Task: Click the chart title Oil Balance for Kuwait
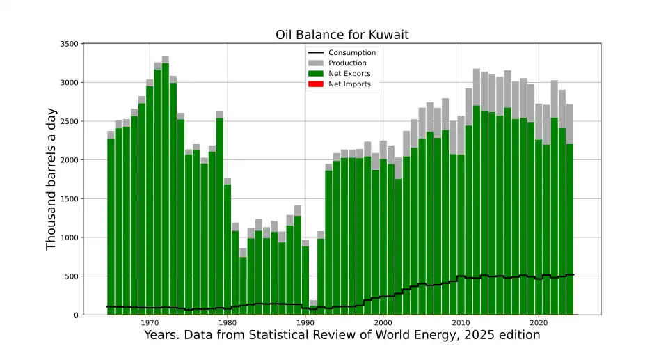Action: pyautogui.click(x=341, y=35)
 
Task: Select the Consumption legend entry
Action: pyautogui.click(x=352, y=53)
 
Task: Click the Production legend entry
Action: pyautogui.click(x=347, y=63)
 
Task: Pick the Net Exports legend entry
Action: pyautogui.click(x=349, y=74)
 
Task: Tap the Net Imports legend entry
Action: pyautogui.click(x=349, y=84)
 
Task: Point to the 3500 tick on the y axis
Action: pyautogui.click(x=68, y=44)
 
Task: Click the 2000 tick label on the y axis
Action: pyautogui.click(x=68, y=160)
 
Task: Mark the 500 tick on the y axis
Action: pyautogui.click(x=71, y=276)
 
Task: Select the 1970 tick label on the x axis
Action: pyautogui.click(x=150, y=323)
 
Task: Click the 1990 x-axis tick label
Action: pyautogui.click(x=305, y=323)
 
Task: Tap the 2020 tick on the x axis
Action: pyautogui.click(x=538, y=323)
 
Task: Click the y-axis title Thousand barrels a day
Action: pyautogui.click(x=51, y=179)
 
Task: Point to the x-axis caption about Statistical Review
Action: pyautogui.click(x=342, y=335)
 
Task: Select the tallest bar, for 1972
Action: pyautogui.click(x=165, y=188)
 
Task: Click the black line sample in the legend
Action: pyautogui.click(x=317, y=53)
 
